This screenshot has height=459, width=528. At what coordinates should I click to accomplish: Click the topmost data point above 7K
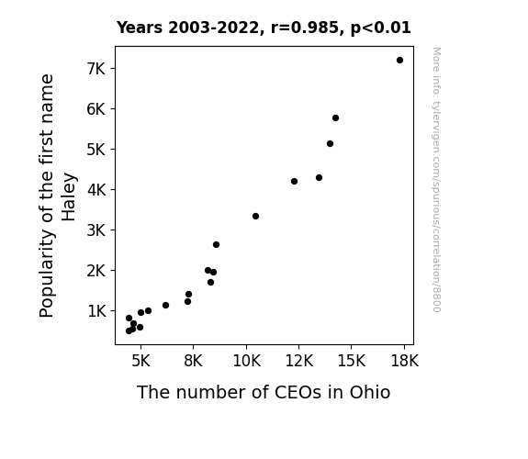399,61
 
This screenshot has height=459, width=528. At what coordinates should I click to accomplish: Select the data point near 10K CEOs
255,217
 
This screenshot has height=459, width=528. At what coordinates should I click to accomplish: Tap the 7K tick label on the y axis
96,69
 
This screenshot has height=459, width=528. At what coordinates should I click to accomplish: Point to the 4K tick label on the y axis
96,190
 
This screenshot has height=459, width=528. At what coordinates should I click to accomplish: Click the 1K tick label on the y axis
96,311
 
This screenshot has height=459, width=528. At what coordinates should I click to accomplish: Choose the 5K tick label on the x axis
140,361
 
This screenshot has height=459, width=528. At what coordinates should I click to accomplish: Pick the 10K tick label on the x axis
246,361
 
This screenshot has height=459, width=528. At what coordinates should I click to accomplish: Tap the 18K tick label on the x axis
404,361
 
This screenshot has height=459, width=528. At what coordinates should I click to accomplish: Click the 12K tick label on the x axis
299,361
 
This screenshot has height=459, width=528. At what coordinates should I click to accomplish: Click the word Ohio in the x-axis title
370,392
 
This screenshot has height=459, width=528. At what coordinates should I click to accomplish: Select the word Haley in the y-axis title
69,197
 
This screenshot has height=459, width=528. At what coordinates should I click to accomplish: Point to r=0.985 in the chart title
305,28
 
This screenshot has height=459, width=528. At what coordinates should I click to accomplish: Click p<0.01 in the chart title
380,28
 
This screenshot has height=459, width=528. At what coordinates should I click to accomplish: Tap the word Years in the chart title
140,28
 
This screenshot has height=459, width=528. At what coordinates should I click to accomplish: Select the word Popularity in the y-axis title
47,274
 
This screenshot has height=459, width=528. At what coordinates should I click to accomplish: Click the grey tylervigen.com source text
436,180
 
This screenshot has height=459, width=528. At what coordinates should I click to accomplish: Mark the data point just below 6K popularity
335,118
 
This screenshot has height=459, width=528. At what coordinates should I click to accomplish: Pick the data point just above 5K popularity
330,144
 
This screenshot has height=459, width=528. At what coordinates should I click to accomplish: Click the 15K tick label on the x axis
352,361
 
